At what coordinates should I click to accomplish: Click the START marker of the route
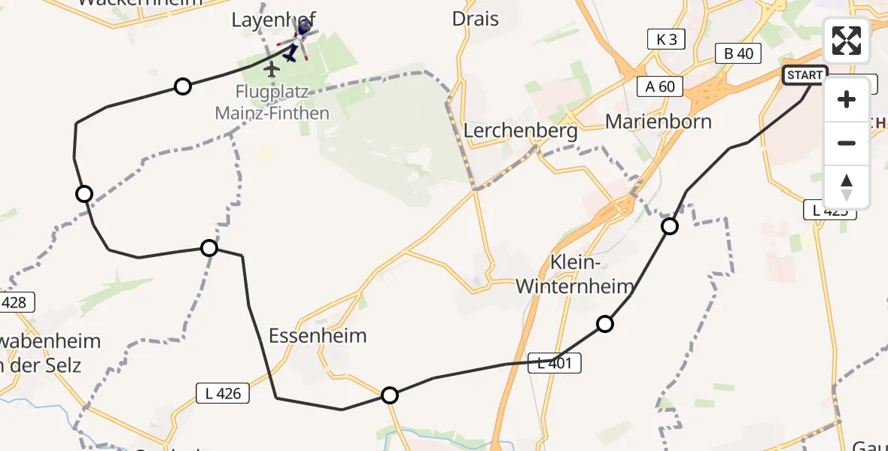(805, 74)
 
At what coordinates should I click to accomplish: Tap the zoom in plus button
(847, 99)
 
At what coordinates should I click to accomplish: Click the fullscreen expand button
(847, 41)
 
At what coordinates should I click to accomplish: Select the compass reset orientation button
(847, 187)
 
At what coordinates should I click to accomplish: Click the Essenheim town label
(318, 335)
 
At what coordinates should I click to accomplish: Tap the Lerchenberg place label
(521, 131)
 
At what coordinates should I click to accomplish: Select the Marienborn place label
(658, 121)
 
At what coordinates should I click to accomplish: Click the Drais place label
(476, 18)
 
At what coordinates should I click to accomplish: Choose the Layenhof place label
(273, 20)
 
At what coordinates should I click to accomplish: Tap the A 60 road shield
(660, 86)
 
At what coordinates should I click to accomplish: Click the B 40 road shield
(738, 53)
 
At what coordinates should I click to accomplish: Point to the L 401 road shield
(555, 364)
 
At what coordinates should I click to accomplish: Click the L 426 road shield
(223, 392)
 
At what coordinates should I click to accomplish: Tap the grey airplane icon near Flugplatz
(272, 69)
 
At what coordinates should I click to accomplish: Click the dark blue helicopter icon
(303, 29)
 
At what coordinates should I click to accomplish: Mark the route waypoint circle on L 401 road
(605, 324)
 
